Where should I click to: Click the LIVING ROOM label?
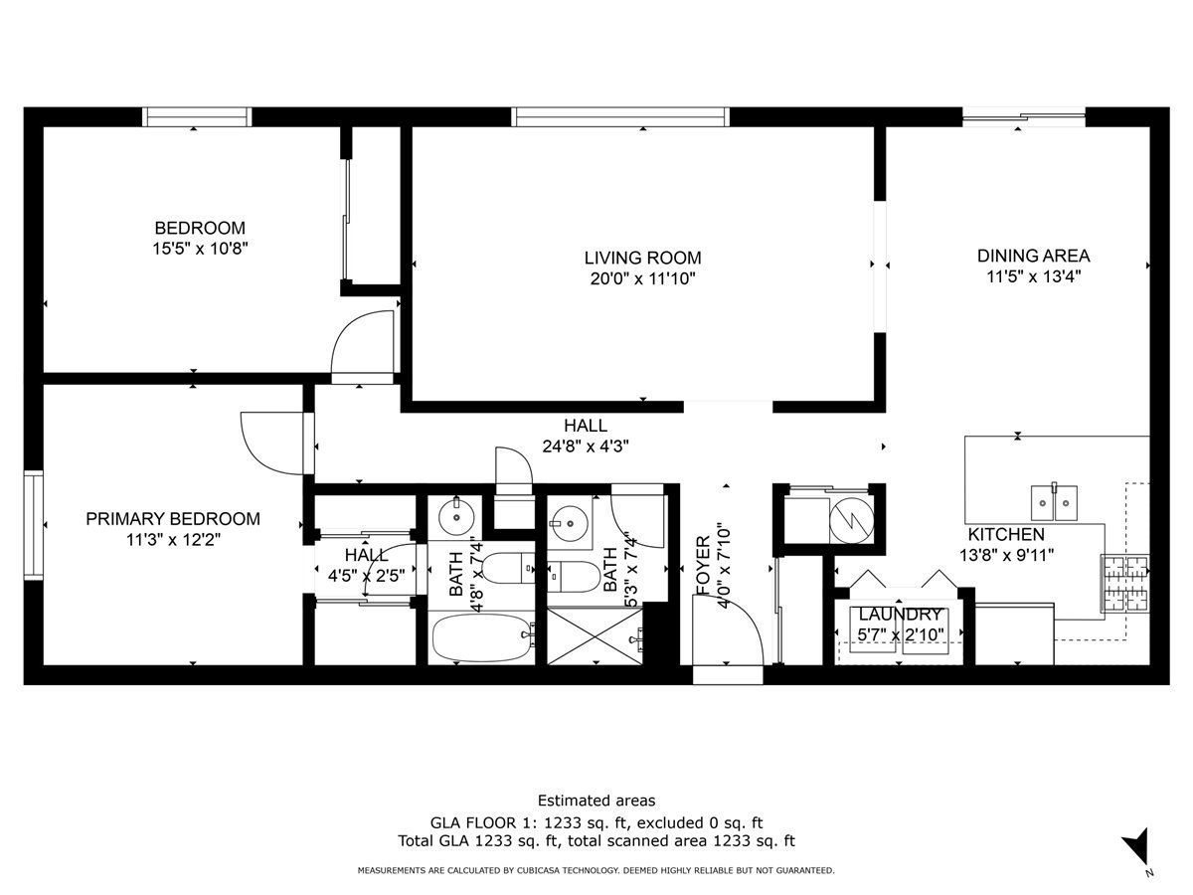point(642,258)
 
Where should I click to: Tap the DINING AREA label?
point(1033,256)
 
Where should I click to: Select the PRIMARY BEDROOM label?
point(173,518)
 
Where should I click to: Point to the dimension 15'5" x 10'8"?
point(200,249)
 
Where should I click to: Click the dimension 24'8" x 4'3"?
point(586,447)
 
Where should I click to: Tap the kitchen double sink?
point(1054,502)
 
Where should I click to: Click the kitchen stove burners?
point(1125,583)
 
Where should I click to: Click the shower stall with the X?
point(596,636)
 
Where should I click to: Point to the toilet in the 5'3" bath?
point(574,577)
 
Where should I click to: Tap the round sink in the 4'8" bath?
point(456,517)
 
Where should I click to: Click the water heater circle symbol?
point(851,520)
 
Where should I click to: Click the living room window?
point(619,116)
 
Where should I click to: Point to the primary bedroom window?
point(33,525)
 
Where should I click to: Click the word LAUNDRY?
point(900,614)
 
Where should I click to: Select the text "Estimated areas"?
point(596,801)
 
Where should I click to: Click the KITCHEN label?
point(1006,534)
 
